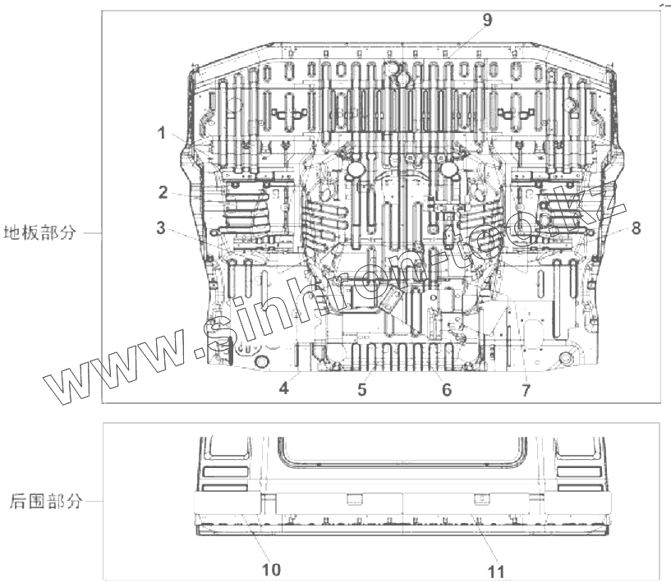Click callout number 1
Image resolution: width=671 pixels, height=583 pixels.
pyautogui.click(x=163, y=132)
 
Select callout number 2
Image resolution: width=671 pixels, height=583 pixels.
pyautogui.click(x=163, y=193)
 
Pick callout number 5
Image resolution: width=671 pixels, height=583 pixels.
pyautogui.click(x=361, y=390)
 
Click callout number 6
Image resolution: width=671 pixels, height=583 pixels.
pyautogui.click(x=446, y=390)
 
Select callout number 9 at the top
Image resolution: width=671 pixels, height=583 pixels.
pyautogui.click(x=487, y=21)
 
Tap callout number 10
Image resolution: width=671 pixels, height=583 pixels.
pyautogui.click(x=272, y=569)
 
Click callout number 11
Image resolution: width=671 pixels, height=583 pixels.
pyautogui.click(x=495, y=571)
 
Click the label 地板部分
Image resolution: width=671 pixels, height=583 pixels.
pyautogui.click(x=40, y=232)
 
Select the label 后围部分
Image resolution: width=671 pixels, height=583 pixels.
pyautogui.click(x=46, y=501)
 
